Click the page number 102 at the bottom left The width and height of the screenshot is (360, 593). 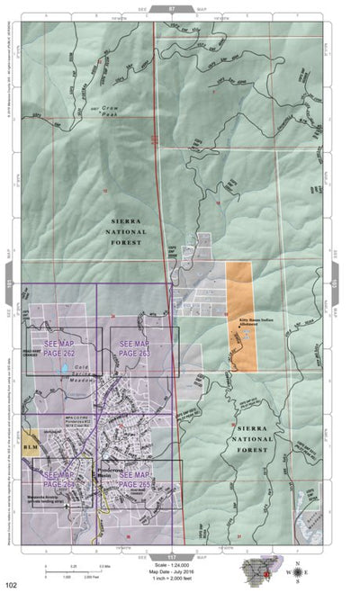click(10, 584)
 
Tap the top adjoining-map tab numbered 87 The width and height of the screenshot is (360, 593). click(173, 7)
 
